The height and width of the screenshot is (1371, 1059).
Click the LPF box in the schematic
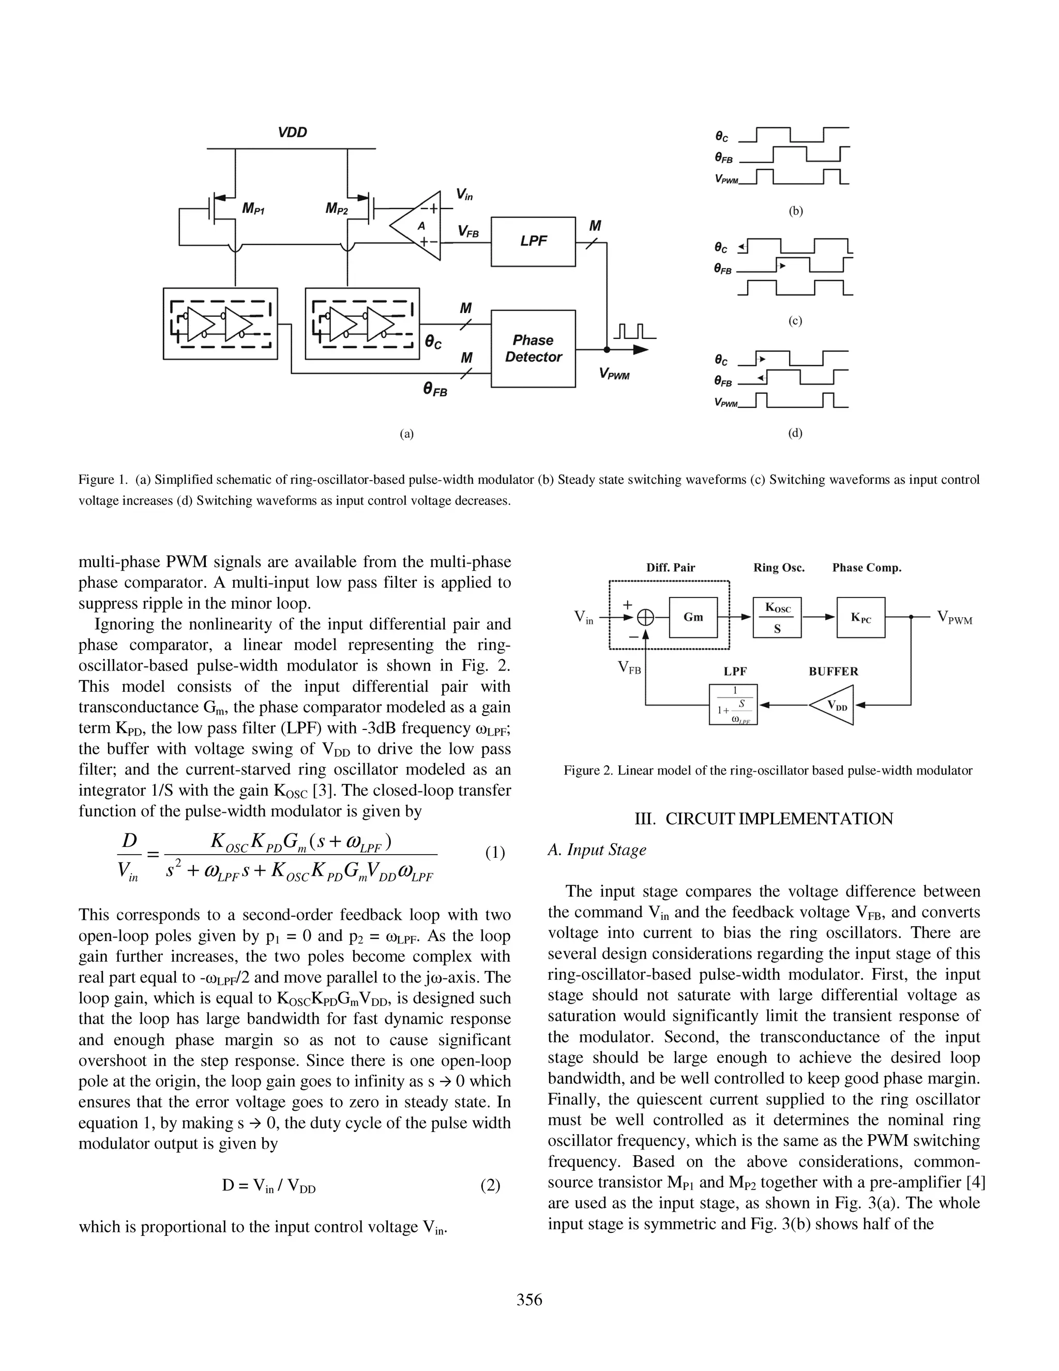tap(533, 242)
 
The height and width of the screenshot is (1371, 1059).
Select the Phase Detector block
tap(533, 348)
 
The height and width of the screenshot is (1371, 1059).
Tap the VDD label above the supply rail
tap(292, 132)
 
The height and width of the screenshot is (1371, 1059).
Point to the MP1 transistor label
tap(253, 208)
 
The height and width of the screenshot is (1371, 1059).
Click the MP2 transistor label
tap(336, 208)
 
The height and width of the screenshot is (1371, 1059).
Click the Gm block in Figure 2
tap(693, 617)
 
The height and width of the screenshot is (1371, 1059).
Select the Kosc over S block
tap(777, 618)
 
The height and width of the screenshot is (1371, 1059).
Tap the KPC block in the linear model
tap(861, 618)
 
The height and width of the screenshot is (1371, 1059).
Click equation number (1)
tap(495, 853)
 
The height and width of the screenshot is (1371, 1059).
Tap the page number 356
tap(529, 1300)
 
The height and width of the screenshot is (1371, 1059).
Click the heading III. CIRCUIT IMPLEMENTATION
tap(764, 818)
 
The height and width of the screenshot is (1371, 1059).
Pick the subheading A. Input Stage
tap(597, 850)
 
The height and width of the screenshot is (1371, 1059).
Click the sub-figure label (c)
tap(795, 321)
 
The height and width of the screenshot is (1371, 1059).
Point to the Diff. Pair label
tap(671, 568)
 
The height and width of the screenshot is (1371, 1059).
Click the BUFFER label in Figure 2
tap(833, 671)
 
